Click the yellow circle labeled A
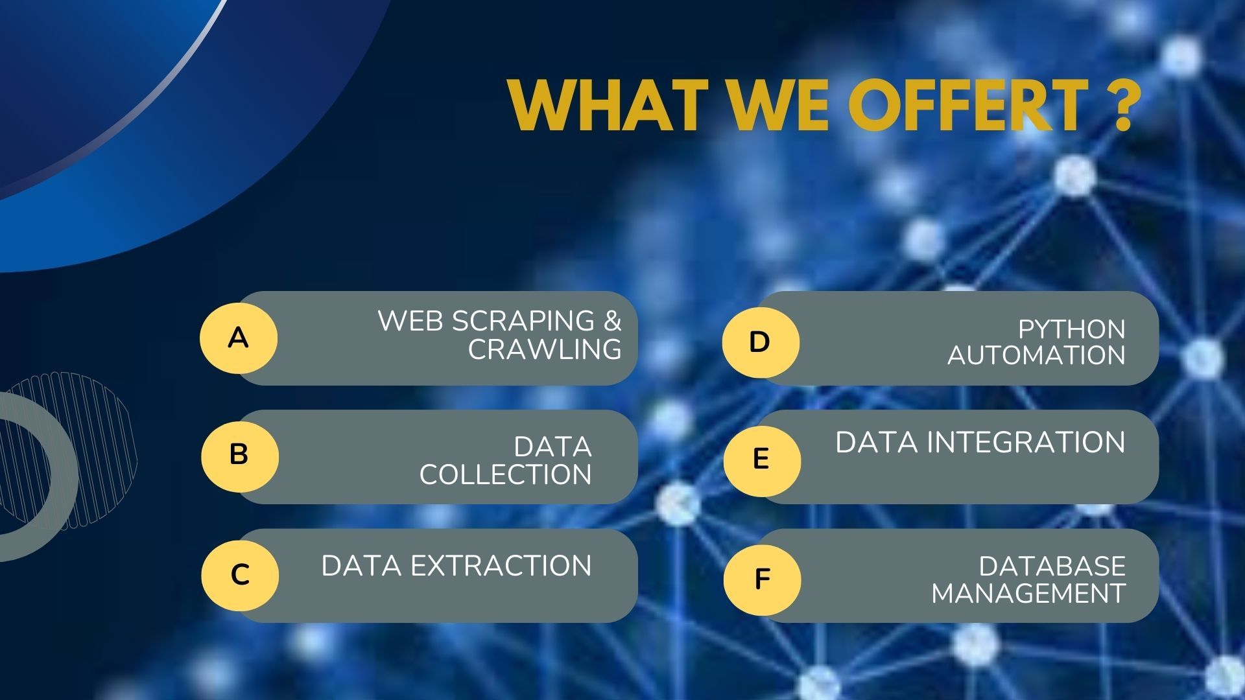tap(239, 338)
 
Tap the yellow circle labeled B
tap(240, 456)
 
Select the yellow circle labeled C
tap(240, 575)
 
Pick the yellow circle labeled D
tap(761, 342)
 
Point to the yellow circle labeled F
tap(762, 579)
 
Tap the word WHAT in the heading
tap(608, 105)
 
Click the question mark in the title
tap(1119, 105)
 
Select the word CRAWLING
tap(545, 349)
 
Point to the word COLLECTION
tap(505, 474)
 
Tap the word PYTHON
tap(1071, 329)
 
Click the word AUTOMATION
tap(1036, 355)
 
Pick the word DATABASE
tap(1052, 566)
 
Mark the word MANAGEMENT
tap(1028, 593)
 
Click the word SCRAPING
tap(523, 321)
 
